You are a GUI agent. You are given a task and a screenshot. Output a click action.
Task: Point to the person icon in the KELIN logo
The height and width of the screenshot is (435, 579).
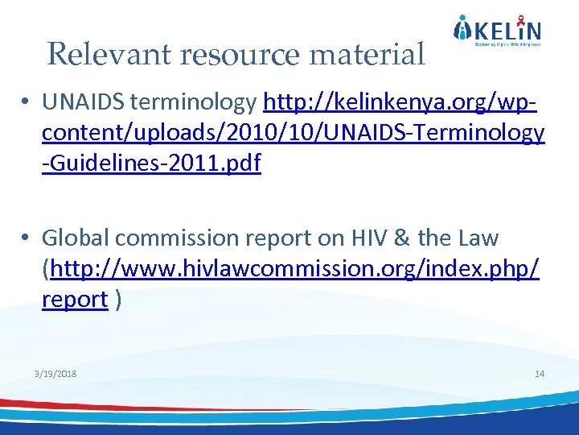click(x=462, y=30)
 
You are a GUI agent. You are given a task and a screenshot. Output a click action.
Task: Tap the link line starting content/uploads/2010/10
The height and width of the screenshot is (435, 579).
click(x=294, y=133)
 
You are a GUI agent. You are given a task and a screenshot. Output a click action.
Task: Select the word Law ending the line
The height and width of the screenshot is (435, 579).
click(x=479, y=238)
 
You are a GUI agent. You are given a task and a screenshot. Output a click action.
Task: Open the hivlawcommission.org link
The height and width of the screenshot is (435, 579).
click(x=294, y=269)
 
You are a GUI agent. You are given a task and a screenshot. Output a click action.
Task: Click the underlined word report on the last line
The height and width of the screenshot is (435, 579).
click(x=75, y=300)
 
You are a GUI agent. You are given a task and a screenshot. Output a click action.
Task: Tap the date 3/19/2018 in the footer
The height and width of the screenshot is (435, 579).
click(x=56, y=375)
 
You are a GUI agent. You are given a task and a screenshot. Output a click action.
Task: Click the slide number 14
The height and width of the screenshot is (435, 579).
click(x=539, y=375)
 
